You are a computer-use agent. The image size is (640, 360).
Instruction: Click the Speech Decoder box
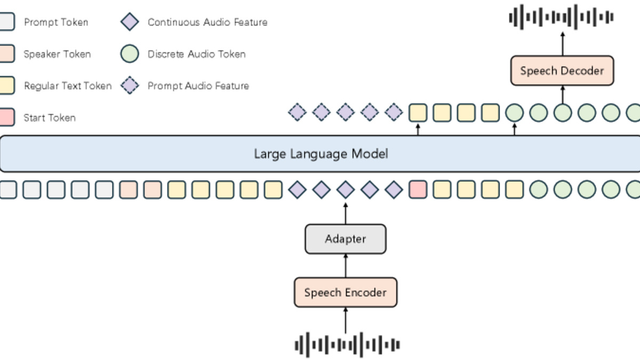click(562, 70)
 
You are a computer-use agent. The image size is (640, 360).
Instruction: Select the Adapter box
click(345, 239)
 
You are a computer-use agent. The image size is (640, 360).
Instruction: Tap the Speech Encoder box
click(345, 292)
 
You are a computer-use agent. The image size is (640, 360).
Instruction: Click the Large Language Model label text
click(321, 154)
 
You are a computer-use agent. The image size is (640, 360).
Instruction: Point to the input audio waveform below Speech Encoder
click(347, 345)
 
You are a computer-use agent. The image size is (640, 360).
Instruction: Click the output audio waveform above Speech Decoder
click(561, 17)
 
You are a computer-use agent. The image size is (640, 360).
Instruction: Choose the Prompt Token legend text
click(56, 22)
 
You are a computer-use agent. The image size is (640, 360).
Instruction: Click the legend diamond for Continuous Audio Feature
click(130, 22)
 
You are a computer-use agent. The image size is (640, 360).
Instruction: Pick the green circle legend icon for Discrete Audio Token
click(130, 54)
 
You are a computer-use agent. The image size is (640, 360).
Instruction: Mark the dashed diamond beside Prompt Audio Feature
click(130, 86)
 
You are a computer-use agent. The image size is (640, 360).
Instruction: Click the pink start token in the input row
click(418, 190)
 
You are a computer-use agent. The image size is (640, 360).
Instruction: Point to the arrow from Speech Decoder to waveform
click(562, 44)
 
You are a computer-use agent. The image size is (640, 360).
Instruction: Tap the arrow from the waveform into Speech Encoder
click(345, 320)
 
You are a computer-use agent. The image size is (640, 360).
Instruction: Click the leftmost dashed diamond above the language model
click(297, 113)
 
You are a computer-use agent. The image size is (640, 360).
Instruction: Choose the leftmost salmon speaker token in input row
click(129, 190)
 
